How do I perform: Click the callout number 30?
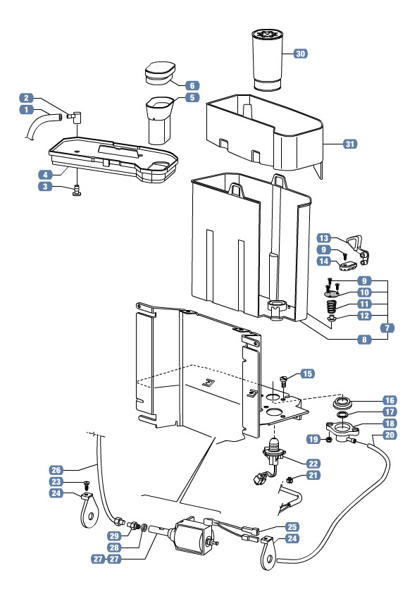(300, 54)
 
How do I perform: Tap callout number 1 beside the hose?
(26, 110)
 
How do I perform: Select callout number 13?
(324, 237)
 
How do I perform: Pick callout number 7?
(389, 328)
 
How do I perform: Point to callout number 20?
(390, 435)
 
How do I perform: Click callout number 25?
(292, 526)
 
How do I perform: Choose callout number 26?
(57, 469)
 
